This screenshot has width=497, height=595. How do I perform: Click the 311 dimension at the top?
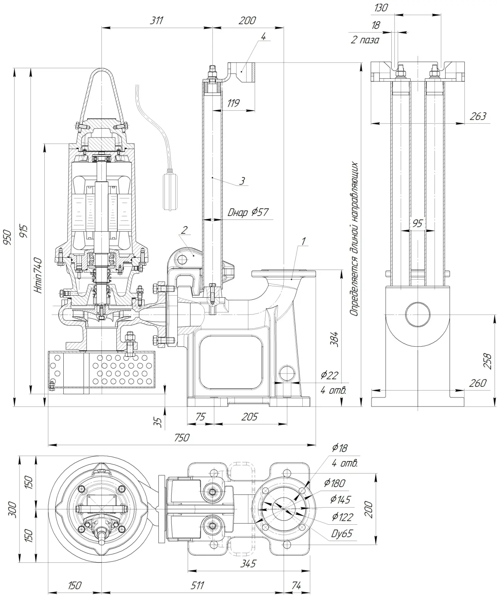(156, 20)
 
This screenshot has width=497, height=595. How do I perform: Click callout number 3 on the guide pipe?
(242, 181)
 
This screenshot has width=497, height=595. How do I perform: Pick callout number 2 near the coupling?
(184, 230)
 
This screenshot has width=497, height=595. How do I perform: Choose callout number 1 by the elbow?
(303, 241)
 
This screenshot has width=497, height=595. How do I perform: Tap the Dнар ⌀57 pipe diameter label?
(248, 212)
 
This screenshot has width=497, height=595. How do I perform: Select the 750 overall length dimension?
(181, 438)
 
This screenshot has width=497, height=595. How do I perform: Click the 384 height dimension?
(334, 339)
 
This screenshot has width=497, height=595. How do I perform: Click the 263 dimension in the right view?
(478, 116)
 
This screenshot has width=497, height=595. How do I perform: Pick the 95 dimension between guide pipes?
(418, 224)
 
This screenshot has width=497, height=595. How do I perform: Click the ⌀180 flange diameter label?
(335, 483)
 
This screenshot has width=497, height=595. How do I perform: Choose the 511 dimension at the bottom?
(197, 585)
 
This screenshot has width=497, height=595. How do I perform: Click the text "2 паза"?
(365, 40)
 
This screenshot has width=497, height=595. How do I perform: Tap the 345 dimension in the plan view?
(248, 564)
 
